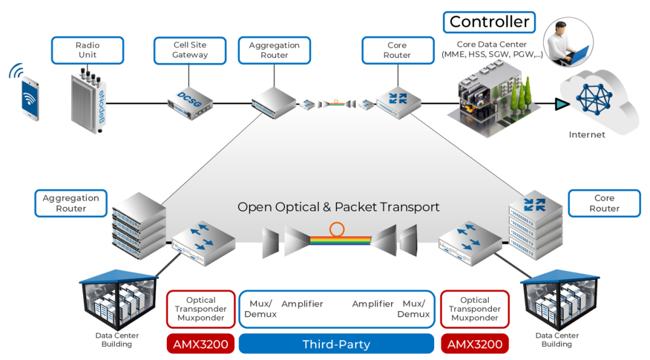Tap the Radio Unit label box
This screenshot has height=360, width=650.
(87, 50)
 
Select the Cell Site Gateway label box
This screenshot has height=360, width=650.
(190, 50)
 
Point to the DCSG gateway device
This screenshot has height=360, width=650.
(190, 101)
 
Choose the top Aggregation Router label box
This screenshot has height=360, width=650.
(274, 50)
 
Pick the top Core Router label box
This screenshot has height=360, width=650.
(397, 50)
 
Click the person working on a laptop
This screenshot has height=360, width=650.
(567, 43)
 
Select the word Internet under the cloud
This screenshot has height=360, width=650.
(587, 135)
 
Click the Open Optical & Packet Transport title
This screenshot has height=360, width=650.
(338, 207)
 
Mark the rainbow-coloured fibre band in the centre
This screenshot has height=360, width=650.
(340, 241)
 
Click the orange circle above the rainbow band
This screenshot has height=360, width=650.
(337, 229)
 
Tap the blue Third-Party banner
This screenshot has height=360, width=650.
(336, 344)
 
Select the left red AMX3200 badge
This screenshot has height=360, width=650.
(201, 344)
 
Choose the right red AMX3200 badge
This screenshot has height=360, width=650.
(475, 344)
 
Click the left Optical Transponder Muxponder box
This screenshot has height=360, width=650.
(201, 309)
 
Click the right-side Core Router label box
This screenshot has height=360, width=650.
(604, 203)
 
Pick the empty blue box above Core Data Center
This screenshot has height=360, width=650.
(489, 22)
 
